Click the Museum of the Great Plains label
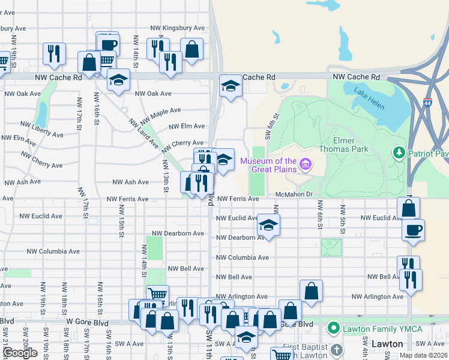(x=268, y=164)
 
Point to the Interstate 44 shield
(x=427, y=103)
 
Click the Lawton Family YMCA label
(x=382, y=329)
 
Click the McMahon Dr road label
(x=295, y=194)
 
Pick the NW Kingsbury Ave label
(x=179, y=28)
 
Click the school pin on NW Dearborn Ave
(x=268, y=226)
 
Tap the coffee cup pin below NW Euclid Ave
(x=413, y=230)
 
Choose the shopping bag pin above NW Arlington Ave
(x=311, y=292)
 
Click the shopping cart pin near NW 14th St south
(x=157, y=295)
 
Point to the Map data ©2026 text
(x=423, y=355)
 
